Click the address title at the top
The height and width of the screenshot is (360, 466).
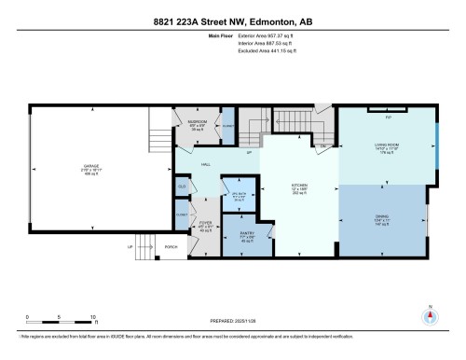pos(233,21)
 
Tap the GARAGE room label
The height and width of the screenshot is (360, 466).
pos(89,168)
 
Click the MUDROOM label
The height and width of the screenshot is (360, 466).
pos(197,121)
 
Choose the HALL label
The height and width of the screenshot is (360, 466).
pos(207,164)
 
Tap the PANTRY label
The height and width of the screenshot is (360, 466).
pos(246,233)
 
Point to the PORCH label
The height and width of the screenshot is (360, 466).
pos(170,247)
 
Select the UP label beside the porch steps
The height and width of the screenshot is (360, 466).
pos(130,247)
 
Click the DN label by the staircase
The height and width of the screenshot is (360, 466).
pos(322,146)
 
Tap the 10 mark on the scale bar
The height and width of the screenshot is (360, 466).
pos(92,317)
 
